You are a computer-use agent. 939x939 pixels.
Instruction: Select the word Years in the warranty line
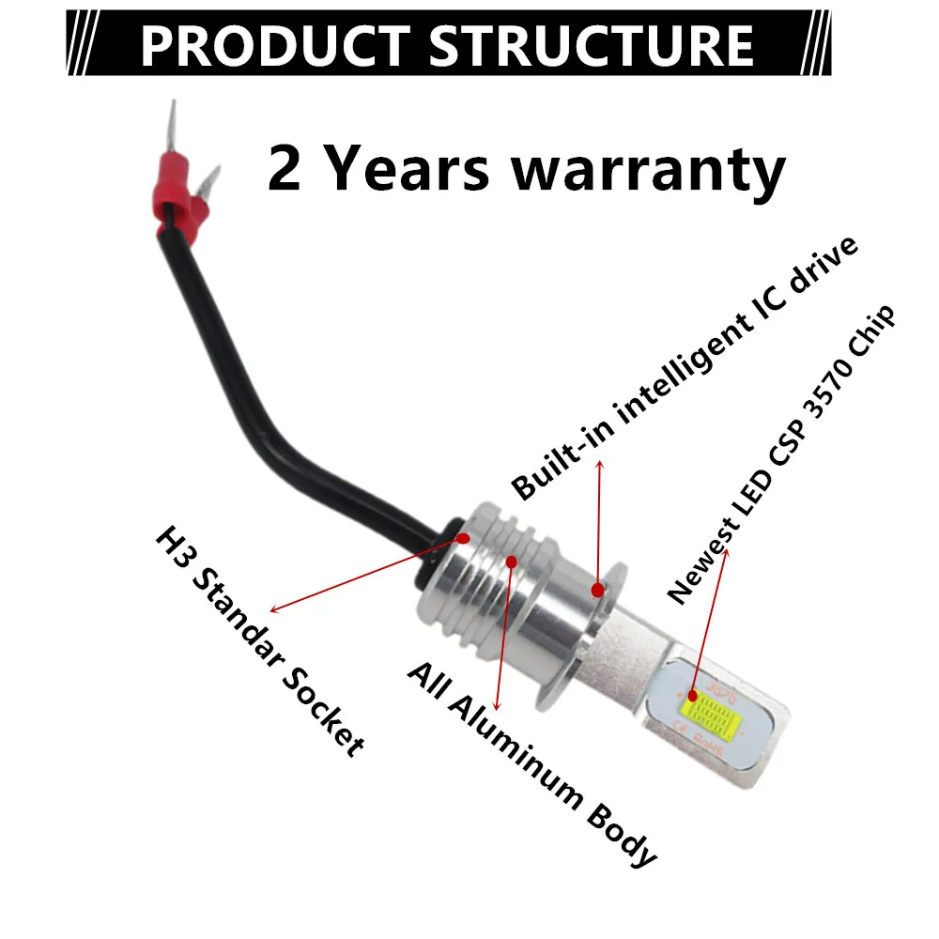(423, 170)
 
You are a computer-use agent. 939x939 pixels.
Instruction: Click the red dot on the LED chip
(693, 697)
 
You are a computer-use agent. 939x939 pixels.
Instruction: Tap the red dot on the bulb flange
(597, 590)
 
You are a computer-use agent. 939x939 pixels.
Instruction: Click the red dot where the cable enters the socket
(463, 539)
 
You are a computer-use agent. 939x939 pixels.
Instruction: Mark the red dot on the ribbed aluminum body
(511, 562)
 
